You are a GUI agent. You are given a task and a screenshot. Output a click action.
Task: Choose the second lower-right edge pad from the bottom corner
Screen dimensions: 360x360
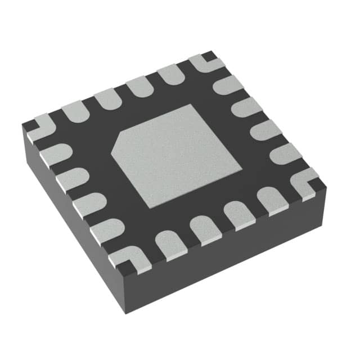[202, 229]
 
